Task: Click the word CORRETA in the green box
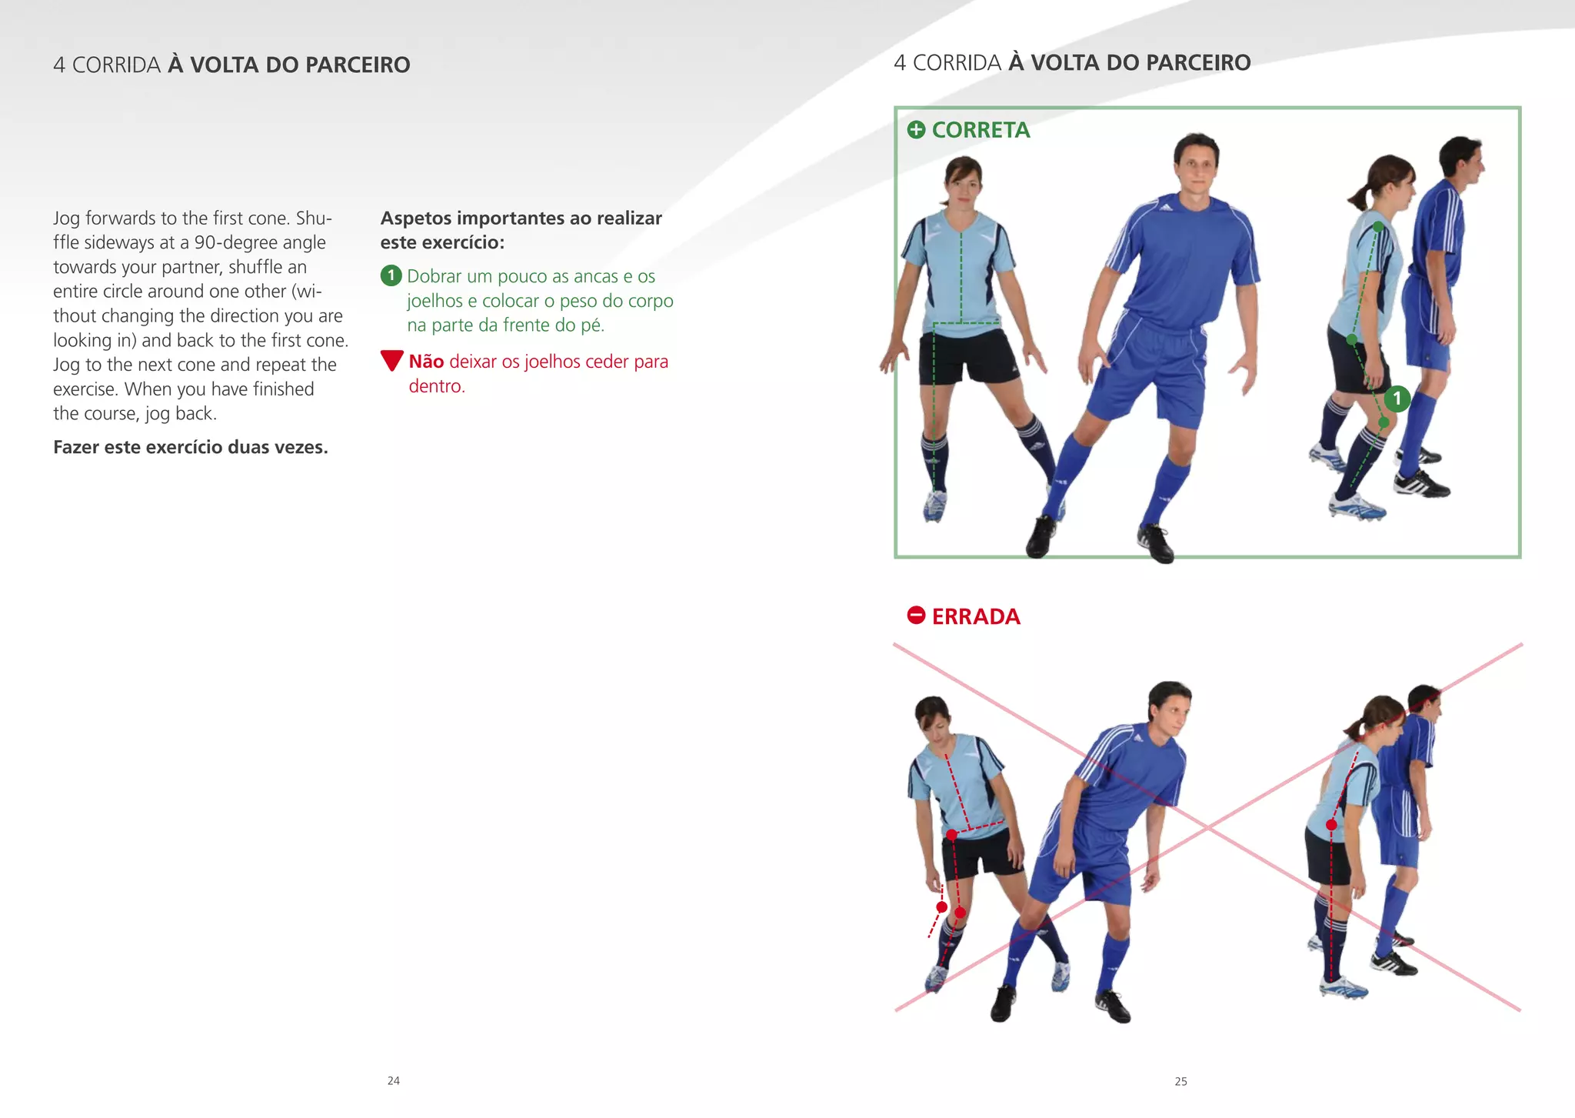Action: pyautogui.click(x=981, y=130)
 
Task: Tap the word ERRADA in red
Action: pyautogui.click(x=975, y=616)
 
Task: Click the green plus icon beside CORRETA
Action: pyautogui.click(x=916, y=129)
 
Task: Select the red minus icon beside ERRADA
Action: pyautogui.click(x=916, y=616)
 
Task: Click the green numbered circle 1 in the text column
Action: pyautogui.click(x=391, y=275)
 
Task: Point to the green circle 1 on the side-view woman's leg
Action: pyautogui.click(x=1397, y=399)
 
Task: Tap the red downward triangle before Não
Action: pyautogui.click(x=391, y=360)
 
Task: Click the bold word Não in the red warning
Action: pyautogui.click(x=426, y=362)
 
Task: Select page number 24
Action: pyautogui.click(x=393, y=1081)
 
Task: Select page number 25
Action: pyautogui.click(x=1180, y=1082)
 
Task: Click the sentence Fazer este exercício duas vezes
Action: pyautogui.click(x=190, y=447)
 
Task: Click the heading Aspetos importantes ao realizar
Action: pyautogui.click(x=521, y=219)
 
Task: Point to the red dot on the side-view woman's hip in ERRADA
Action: pyautogui.click(x=1331, y=825)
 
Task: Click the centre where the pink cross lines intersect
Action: pyautogui.click(x=1208, y=828)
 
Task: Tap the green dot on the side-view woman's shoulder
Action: pyautogui.click(x=1378, y=228)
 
